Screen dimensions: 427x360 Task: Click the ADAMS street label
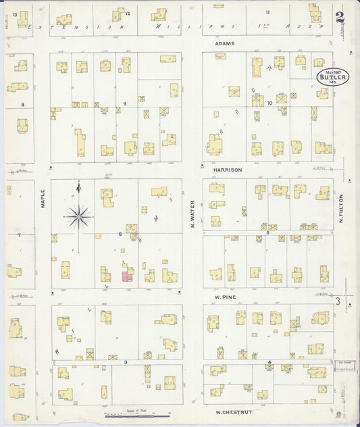(225, 43)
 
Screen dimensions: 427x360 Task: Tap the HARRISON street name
(227, 170)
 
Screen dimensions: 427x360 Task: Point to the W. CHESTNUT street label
(228, 411)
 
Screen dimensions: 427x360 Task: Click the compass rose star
(79, 216)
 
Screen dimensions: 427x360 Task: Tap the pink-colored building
(127, 276)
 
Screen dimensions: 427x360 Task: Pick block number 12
(127, 13)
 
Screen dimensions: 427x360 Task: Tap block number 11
(267, 12)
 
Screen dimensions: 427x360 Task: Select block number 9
(124, 103)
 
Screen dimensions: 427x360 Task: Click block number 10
(269, 103)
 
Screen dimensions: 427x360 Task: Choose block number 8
(22, 104)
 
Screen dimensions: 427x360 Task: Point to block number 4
(269, 363)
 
